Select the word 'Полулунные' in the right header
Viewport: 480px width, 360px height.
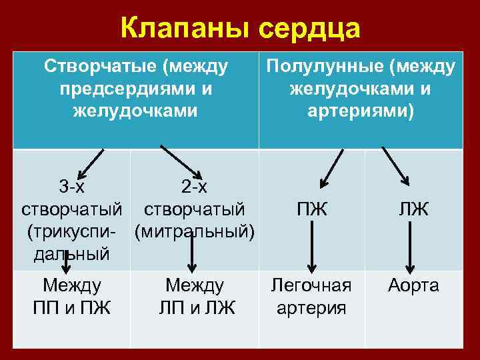pyautogui.click(x=325, y=66)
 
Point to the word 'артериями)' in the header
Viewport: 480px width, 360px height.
pyautogui.click(x=361, y=110)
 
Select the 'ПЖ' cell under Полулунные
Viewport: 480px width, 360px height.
pyautogui.click(x=312, y=209)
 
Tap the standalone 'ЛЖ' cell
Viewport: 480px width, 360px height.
pyautogui.click(x=413, y=209)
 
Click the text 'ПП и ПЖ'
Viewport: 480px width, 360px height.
pyautogui.click(x=71, y=308)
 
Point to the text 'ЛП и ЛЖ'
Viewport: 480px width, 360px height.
pyautogui.click(x=196, y=308)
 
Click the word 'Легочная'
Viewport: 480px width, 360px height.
pyautogui.click(x=311, y=286)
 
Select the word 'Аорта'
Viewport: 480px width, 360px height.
pyautogui.click(x=413, y=286)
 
